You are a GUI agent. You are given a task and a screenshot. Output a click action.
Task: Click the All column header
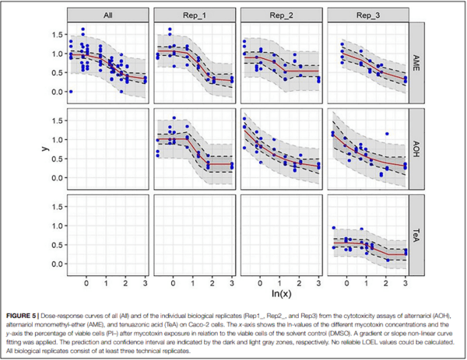point(109,15)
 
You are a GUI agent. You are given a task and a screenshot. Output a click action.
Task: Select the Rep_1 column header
point(195,15)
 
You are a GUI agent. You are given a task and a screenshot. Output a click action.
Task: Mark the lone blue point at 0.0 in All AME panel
point(71,92)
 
